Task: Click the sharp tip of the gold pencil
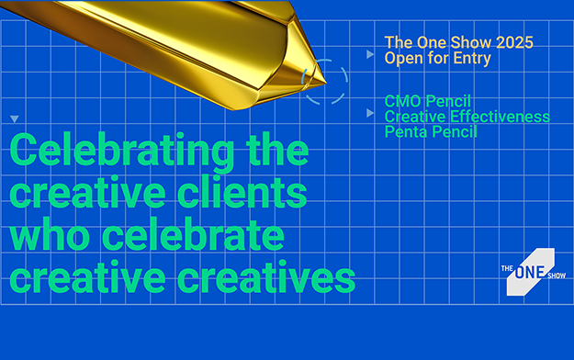[325, 83]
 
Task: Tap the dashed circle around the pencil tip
[346, 82]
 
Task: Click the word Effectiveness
[500, 117]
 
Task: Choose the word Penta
[405, 132]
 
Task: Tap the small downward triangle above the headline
[15, 118]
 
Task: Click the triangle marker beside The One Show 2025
[370, 54]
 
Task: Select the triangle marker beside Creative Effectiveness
[370, 113]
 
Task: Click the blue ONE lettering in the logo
[530, 273]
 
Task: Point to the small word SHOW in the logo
[557, 276]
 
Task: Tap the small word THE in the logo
[507, 268]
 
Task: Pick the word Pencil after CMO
[448, 101]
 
